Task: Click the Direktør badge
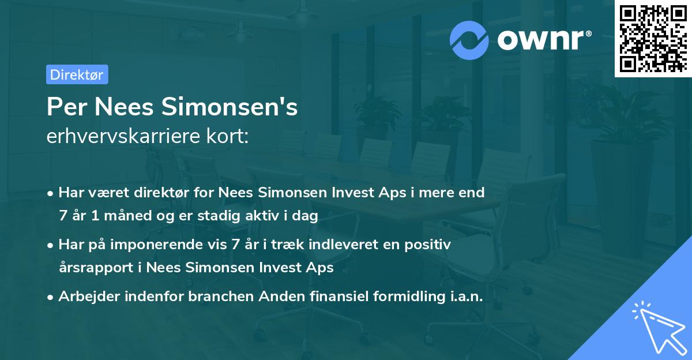(x=77, y=74)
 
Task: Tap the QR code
(x=653, y=39)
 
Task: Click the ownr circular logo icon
(x=470, y=40)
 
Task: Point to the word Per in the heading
(x=66, y=107)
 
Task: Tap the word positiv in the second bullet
(x=428, y=244)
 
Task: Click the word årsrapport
(x=97, y=268)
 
